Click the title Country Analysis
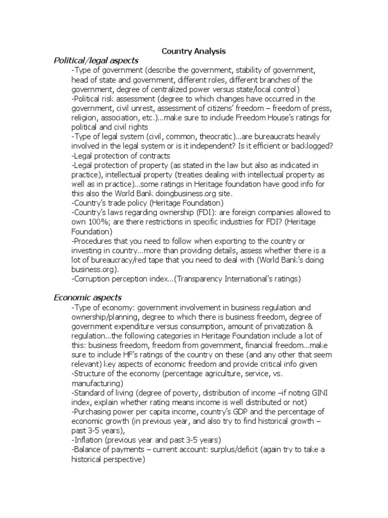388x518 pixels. coord(193,51)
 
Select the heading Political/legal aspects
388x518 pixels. coord(96,61)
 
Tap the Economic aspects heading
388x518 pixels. coord(87,297)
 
